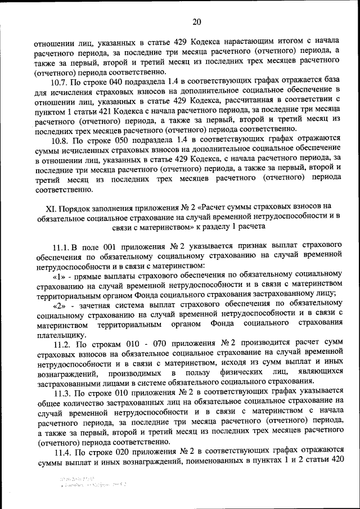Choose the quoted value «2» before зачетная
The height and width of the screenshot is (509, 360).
(x=59, y=304)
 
